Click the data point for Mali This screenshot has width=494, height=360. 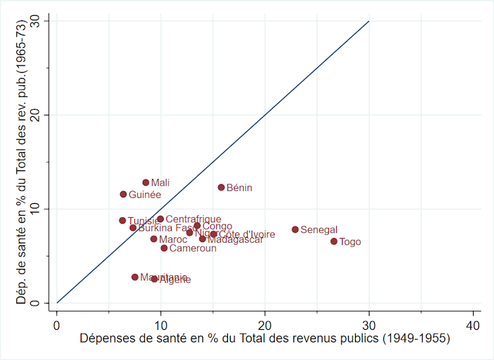[146, 182]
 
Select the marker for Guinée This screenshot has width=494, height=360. [123, 194]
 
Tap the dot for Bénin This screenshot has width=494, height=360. [221, 188]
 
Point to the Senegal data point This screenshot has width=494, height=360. [295, 230]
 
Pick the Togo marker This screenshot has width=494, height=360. [334, 241]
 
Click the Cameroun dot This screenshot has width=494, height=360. [164, 248]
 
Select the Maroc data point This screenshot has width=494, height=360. [154, 239]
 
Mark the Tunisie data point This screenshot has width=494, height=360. [123, 220]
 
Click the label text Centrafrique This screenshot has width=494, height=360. [193, 219]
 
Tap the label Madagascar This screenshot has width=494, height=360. [235, 239]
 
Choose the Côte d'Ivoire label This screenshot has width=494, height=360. [247, 234]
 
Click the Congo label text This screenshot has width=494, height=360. [217, 226]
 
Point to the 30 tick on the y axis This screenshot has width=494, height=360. [43, 21]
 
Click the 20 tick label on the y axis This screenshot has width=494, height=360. [43, 115]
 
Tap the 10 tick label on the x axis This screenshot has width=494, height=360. [161, 325]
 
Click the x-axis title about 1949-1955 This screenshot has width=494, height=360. [265, 339]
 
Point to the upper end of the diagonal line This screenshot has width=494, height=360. [369, 21]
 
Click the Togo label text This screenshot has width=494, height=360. [351, 242]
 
